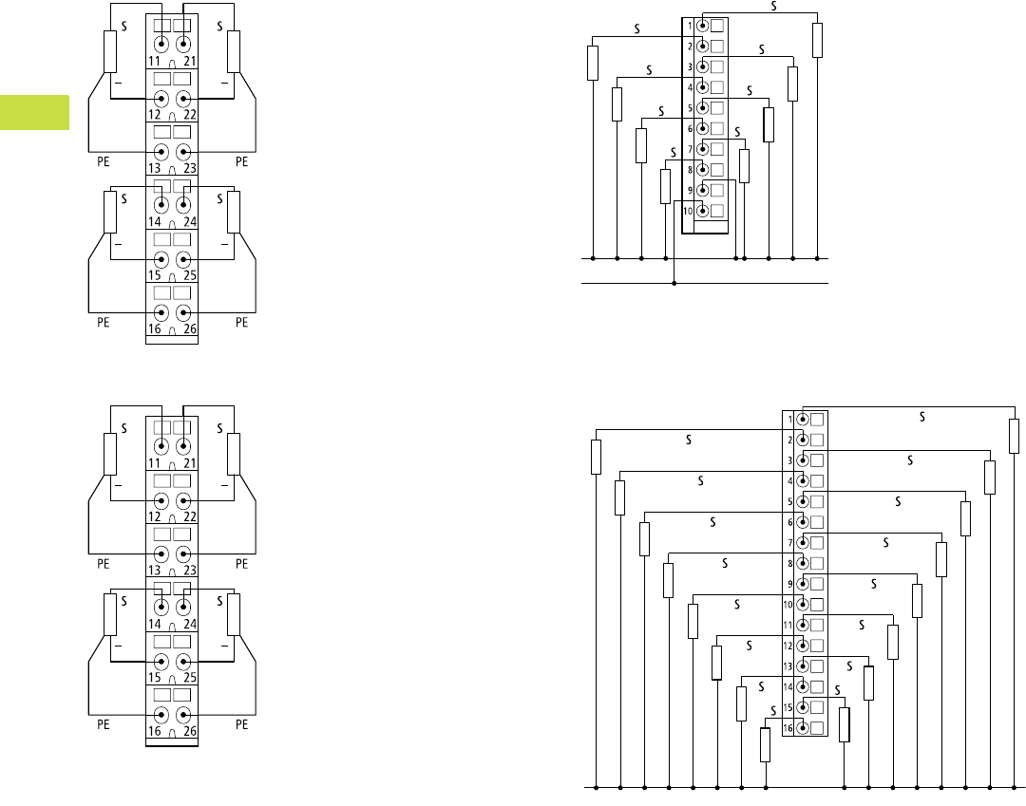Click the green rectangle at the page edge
(x=34, y=112)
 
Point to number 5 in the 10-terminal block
(x=691, y=107)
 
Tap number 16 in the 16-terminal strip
(x=788, y=728)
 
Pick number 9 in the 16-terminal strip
(x=790, y=584)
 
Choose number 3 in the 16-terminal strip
(x=790, y=460)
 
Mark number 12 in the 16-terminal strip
(x=788, y=646)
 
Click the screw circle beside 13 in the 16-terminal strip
(x=804, y=666)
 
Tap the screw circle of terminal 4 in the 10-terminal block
(x=703, y=87)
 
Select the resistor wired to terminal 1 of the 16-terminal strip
(x=1015, y=436)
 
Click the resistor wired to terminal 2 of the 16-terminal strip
(x=596, y=456)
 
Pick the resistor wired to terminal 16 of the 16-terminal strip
(x=765, y=744)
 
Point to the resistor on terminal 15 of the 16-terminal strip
(x=844, y=724)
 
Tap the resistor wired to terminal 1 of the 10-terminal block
(x=817, y=40)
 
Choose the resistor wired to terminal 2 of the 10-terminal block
(x=593, y=63)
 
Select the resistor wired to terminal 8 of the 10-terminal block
(x=665, y=186)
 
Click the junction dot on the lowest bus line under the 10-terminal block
(x=674, y=283)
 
